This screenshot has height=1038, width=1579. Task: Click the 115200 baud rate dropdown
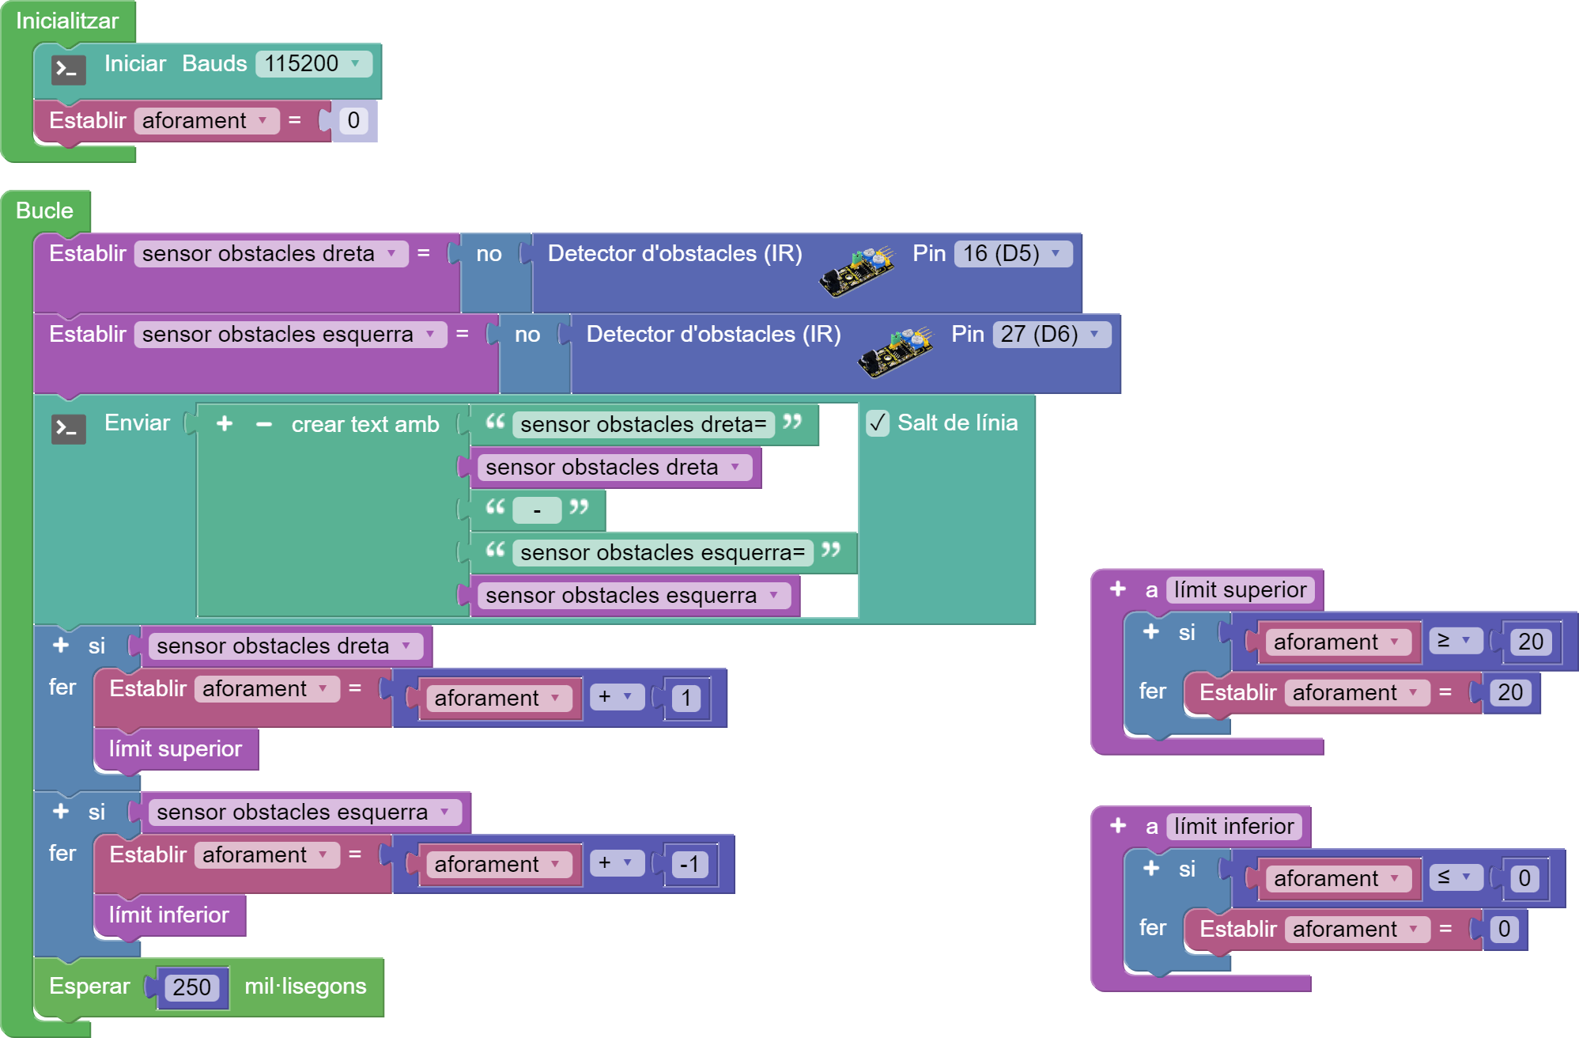coord(313,63)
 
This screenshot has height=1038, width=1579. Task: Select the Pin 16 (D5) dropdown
coord(1012,253)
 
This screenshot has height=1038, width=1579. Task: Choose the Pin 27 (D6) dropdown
coord(1051,334)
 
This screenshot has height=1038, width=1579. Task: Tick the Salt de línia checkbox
coord(878,423)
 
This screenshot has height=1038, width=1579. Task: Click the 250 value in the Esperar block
coord(191,987)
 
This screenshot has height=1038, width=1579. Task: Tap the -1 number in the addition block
coord(689,864)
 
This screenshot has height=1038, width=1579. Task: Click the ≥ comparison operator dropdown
coord(1454,641)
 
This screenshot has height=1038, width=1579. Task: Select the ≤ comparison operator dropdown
coord(1454,877)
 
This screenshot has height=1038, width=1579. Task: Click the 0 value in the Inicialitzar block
coord(353,120)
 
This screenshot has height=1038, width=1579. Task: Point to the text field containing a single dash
coord(537,510)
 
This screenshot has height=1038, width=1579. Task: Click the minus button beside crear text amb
coord(264,425)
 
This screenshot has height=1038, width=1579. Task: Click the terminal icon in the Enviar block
coord(69,429)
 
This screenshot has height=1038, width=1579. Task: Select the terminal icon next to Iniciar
coord(69,70)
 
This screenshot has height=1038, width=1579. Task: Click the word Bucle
coord(44,210)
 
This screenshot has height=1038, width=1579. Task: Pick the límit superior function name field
coord(1240,589)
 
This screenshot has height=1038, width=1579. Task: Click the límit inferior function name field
coord(1233,826)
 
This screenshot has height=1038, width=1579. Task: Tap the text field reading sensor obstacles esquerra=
coord(662,552)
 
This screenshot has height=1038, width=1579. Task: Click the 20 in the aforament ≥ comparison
coord(1531,642)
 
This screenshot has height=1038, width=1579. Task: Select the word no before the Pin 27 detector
coord(527,335)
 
